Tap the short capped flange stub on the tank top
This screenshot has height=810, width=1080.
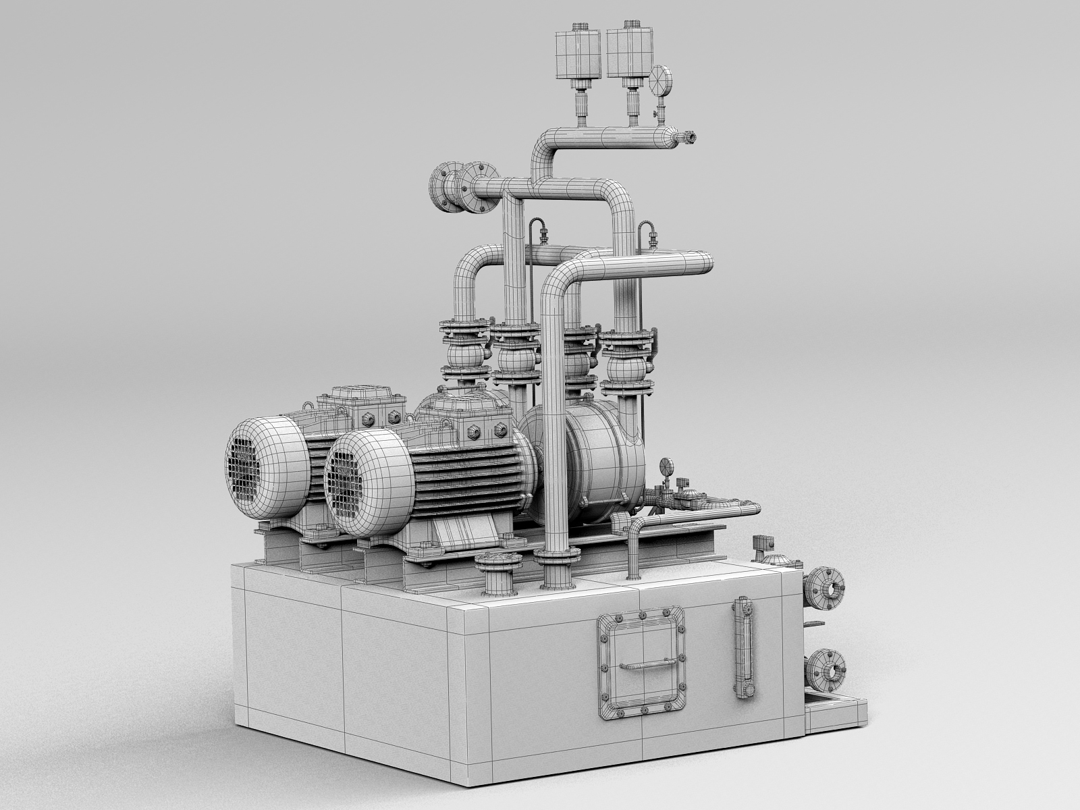point(498,572)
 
